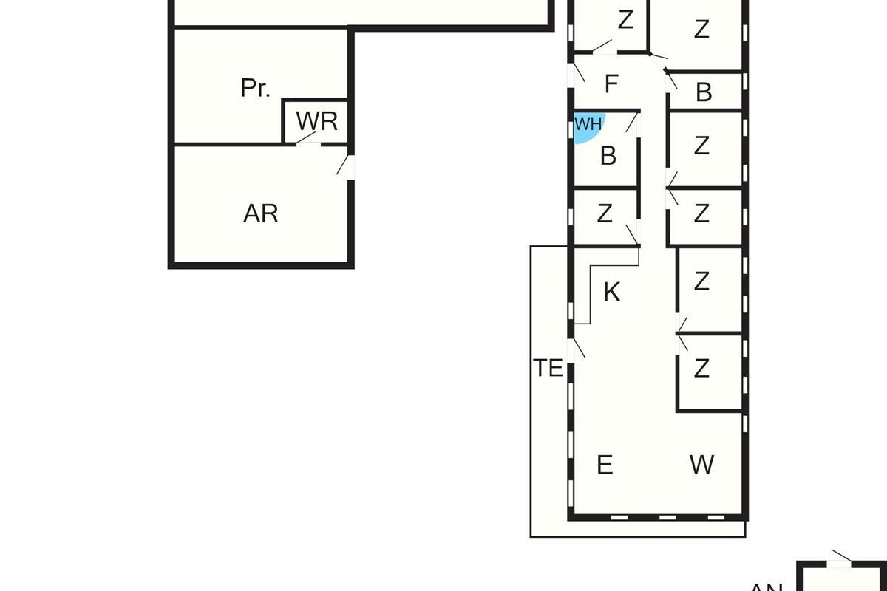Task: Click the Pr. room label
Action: click(x=255, y=88)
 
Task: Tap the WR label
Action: click(x=316, y=121)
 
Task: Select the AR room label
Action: click(x=260, y=213)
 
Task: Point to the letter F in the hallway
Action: click(x=611, y=84)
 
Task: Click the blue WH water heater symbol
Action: click(x=588, y=126)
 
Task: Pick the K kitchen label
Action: click(x=611, y=293)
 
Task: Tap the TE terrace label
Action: click(x=548, y=368)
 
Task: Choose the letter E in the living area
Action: click(x=604, y=465)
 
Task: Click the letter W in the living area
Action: click(x=701, y=465)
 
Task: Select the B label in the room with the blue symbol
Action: click(x=608, y=156)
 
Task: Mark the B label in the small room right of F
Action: click(x=704, y=93)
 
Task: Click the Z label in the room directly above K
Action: click(x=605, y=213)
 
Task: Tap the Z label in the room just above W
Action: click(x=701, y=367)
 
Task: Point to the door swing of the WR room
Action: click(x=306, y=138)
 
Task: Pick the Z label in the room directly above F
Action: click(x=625, y=21)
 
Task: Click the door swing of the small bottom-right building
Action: click(x=841, y=556)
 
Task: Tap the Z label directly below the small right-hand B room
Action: click(x=701, y=146)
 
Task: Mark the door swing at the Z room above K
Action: click(x=632, y=235)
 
